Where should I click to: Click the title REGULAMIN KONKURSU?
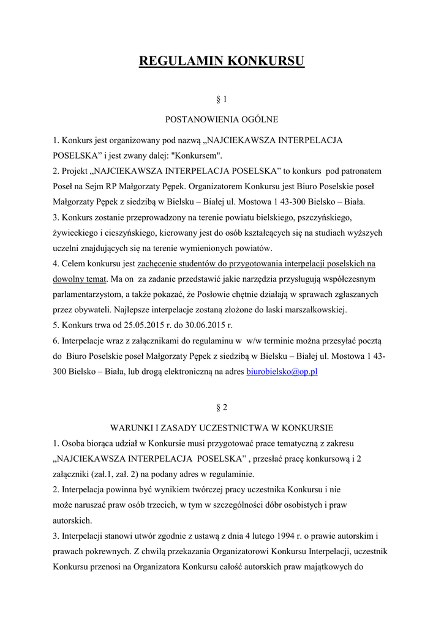222,62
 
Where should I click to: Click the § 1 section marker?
222,99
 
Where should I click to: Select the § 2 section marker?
222,407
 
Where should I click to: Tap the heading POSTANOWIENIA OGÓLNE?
222,119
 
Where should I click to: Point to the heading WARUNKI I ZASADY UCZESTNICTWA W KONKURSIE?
222,427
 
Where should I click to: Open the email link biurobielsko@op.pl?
282,372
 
